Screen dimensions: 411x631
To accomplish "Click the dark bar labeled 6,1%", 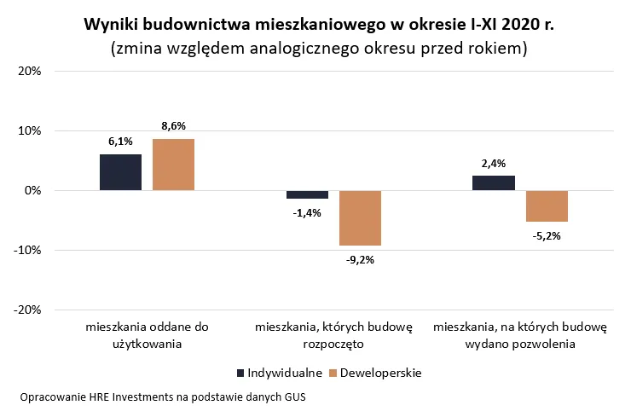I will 120,172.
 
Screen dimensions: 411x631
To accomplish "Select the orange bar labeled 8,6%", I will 174,165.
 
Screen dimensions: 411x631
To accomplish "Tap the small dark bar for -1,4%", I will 307,194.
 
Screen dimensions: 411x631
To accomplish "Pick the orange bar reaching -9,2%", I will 360,217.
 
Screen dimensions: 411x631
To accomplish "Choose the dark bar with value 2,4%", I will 493,183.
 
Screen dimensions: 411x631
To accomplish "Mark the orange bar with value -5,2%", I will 547,205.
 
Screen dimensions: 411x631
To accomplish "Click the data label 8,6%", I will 174,126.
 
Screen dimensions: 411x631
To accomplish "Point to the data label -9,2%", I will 360,259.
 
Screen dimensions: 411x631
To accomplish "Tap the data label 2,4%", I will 493,164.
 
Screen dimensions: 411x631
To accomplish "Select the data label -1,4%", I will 306,212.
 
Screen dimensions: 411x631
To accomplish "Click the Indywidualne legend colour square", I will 240,373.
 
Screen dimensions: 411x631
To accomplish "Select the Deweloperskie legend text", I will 381,373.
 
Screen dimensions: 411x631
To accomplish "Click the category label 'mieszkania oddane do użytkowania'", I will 147,335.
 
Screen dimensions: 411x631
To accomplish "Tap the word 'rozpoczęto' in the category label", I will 333,344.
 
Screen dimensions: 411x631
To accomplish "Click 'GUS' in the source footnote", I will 294,397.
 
